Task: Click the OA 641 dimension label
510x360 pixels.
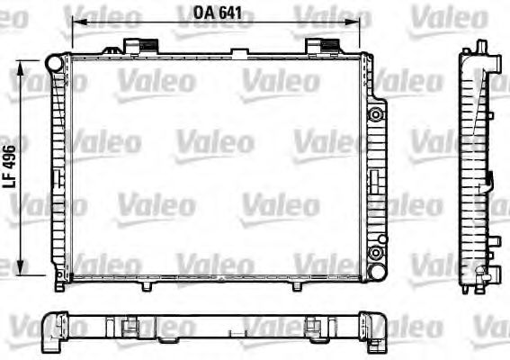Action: point(218,13)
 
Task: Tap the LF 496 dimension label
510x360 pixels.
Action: point(9,166)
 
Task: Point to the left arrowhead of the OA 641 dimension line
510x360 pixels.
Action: point(79,22)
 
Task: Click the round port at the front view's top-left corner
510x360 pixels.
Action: point(54,64)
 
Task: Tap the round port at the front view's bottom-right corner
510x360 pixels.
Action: point(377,272)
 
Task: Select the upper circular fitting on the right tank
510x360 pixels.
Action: point(376,114)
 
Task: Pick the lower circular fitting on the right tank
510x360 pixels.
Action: point(376,253)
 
